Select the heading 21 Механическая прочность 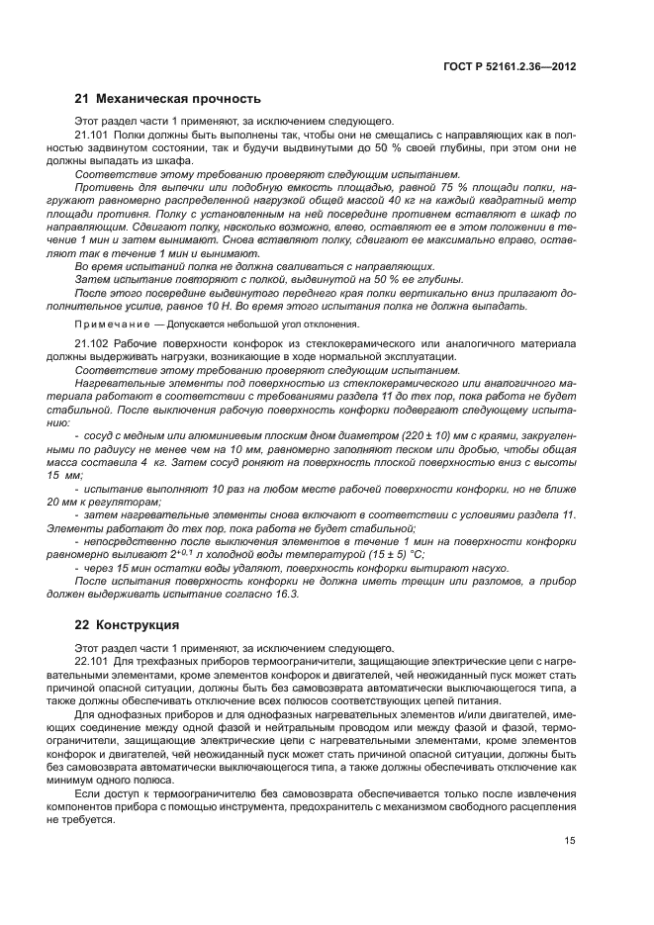tap(167, 98)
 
